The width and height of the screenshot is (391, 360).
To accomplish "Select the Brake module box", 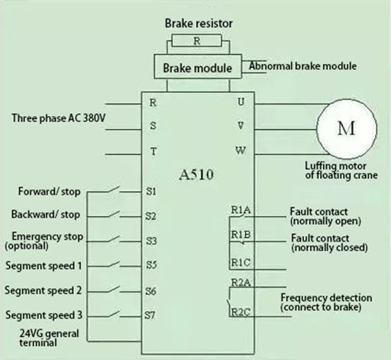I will click(x=197, y=68).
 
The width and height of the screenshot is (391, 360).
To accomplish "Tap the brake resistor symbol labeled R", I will click(x=197, y=41).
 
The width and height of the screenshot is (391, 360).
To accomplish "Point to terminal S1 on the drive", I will click(x=151, y=191).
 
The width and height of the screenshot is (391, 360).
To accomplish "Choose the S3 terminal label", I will click(x=151, y=240).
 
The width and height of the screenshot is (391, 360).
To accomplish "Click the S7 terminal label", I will click(x=151, y=315).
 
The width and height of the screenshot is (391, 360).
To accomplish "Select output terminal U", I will click(x=241, y=101).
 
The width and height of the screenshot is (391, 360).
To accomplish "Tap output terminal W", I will click(x=241, y=150).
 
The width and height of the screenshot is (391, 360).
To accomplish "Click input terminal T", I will click(x=153, y=151).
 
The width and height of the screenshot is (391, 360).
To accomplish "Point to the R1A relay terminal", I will click(x=239, y=211).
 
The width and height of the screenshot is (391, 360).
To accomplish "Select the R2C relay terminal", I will click(x=239, y=313).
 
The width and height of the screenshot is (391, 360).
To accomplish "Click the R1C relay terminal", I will click(x=239, y=263).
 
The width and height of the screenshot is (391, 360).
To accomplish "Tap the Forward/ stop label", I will click(x=49, y=191).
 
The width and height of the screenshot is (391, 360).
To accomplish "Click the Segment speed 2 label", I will click(x=44, y=291).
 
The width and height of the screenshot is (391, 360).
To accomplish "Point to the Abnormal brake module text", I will click(x=302, y=66).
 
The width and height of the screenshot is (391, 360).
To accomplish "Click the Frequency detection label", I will click(x=326, y=297).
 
